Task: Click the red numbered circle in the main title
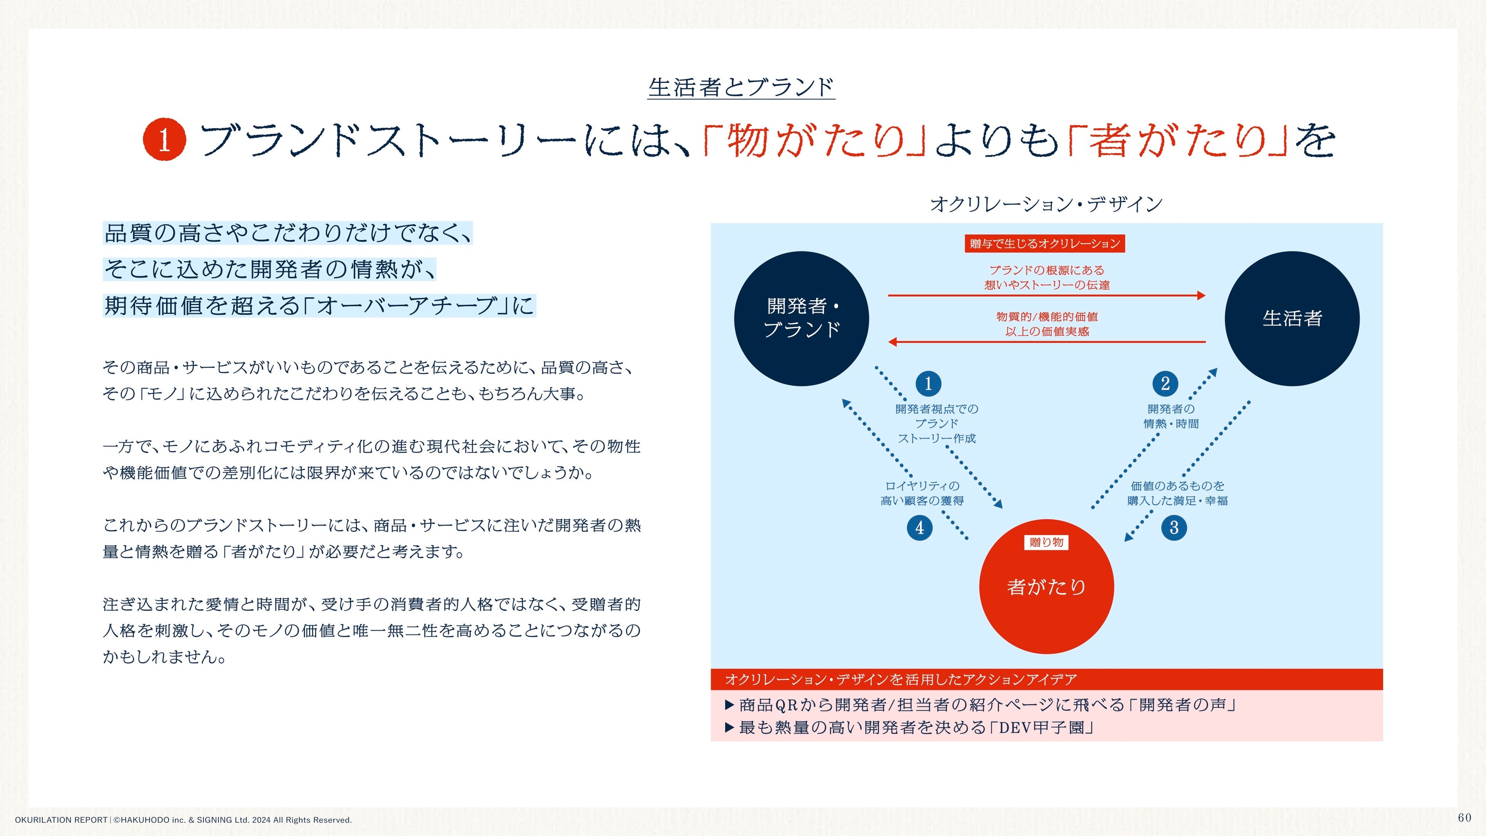[x=164, y=139]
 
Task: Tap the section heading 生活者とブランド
[x=741, y=88]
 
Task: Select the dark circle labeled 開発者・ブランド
[x=801, y=319]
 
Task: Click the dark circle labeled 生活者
[x=1292, y=319]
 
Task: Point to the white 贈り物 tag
[x=1046, y=542]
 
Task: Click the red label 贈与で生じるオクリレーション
[x=1045, y=243]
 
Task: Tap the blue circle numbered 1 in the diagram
[x=928, y=384]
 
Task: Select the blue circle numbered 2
[x=1165, y=384]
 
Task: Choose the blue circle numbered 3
[x=1174, y=528]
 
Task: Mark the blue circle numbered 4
[x=919, y=528]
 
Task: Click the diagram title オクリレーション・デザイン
[x=1046, y=203]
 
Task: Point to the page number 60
[x=1464, y=818]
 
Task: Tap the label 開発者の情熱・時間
[x=1171, y=416]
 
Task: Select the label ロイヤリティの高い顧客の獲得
[x=922, y=493]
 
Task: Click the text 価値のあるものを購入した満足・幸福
[x=1177, y=493]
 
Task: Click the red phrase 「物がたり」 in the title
[x=815, y=141]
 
